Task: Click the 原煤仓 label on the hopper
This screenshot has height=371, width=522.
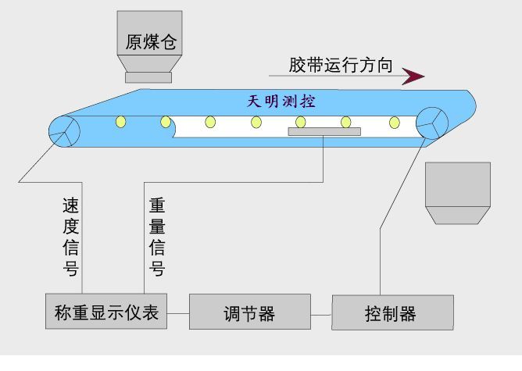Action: click(x=151, y=42)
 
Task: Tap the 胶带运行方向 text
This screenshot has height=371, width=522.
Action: click(x=341, y=65)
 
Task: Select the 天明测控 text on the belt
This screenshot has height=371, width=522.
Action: click(x=281, y=102)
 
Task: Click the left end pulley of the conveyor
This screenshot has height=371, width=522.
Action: click(x=64, y=131)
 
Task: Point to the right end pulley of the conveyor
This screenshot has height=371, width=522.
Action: click(x=432, y=123)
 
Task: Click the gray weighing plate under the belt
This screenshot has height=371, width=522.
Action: click(x=324, y=132)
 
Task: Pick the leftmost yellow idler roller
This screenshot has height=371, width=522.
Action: click(x=121, y=122)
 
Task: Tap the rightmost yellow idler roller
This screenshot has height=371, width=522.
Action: click(x=395, y=123)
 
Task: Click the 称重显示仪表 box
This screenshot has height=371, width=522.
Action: click(x=106, y=312)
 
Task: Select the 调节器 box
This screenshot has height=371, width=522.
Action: click(x=250, y=312)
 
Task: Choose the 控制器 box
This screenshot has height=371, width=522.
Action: click(x=392, y=312)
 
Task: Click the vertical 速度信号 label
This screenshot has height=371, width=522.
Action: click(x=70, y=237)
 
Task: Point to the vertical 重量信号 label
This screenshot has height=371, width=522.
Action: click(x=157, y=237)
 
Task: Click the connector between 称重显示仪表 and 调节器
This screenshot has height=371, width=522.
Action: click(x=178, y=313)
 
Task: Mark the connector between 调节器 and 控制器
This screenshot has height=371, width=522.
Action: click(x=321, y=315)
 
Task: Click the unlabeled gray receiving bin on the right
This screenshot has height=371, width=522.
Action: click(x=458, y=193)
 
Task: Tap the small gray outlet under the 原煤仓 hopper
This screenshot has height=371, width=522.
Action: click(x=148, y=77)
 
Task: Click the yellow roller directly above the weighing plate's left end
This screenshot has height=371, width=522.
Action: click(x=300, y=122)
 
